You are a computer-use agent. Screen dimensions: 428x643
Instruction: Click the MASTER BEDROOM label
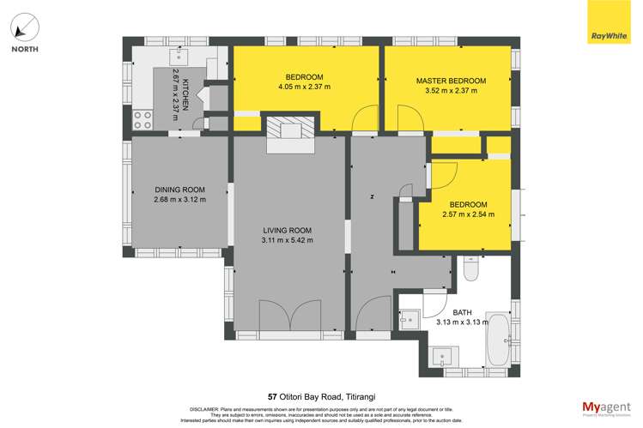click(451, 81)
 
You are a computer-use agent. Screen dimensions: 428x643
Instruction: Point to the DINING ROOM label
click(180, 190)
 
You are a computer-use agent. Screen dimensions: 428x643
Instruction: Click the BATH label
click(461, 312)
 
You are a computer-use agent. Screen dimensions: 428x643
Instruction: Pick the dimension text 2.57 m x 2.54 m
click(464, 214)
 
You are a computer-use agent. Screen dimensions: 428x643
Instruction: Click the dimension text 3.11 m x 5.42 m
click(288, 241)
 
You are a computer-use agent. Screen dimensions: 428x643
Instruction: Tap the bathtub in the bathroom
click(497, 341)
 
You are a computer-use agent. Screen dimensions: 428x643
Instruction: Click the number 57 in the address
click(273, 396)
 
